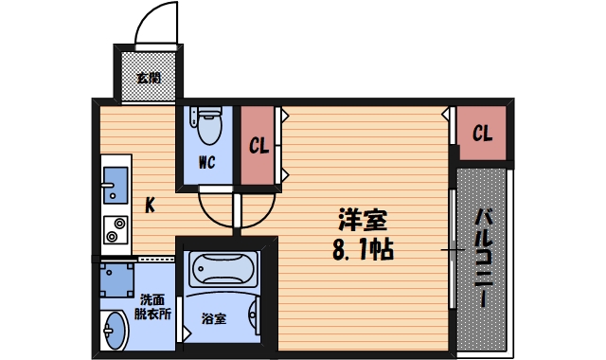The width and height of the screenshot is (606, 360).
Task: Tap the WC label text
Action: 207,161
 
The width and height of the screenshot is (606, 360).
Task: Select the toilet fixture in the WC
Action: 207,122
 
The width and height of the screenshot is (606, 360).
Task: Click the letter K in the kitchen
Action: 150,205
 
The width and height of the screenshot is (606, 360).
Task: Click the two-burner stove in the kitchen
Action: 115,228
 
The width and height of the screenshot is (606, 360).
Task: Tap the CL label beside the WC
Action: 258,146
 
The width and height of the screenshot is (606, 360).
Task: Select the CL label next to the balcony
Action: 482,134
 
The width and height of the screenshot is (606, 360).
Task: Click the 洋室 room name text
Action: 363,220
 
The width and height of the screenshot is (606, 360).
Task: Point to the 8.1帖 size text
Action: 364,250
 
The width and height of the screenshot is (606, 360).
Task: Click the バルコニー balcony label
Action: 482,257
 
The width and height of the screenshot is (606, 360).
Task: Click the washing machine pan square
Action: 117,280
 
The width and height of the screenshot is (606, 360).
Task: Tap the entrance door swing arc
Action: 153,24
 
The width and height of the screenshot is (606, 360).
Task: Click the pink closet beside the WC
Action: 258,147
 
